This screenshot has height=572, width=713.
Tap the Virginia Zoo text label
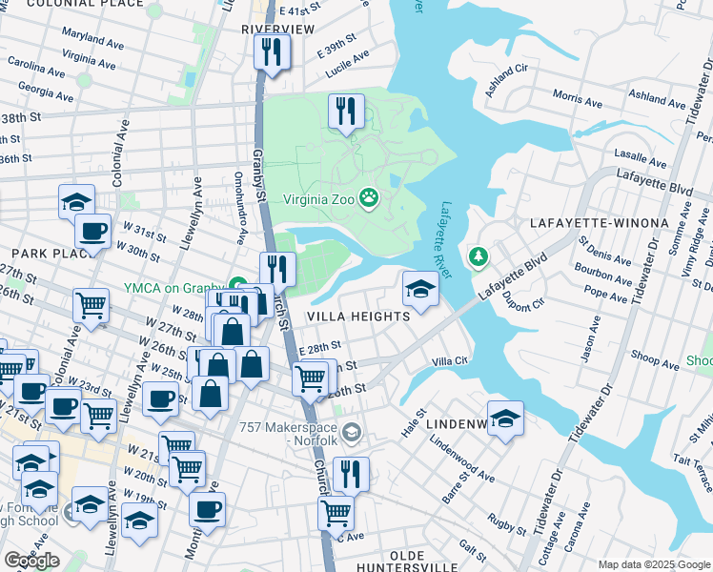click(x=318, y=200)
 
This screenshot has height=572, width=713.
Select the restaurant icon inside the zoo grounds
click(x=345, y=112)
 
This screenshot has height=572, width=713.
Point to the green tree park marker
click(x=478, y=256)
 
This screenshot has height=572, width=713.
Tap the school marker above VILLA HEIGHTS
click(x=419, y=287)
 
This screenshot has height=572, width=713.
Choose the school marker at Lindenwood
click(x=506, y=419)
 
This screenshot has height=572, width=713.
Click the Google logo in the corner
click(x=31, y=561)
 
